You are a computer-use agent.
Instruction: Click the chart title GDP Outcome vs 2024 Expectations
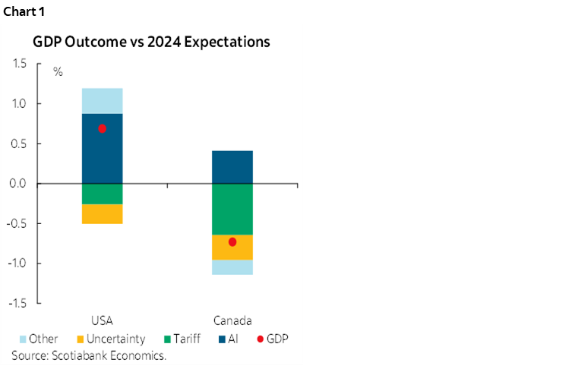click(x=150, y=43)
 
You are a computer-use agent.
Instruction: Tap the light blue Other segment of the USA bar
click(x=102, y=100)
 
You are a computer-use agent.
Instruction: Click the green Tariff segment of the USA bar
click(x=102, y=194)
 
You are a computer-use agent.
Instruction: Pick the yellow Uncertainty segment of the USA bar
click(x=102, y=213)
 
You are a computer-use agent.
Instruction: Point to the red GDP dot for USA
click(x=102, y=128)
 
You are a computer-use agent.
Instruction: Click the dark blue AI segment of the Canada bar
click(x=232, y=166)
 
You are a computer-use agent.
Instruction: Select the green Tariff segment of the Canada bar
click(x=232, y=209)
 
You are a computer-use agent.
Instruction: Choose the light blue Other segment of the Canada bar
click(x=232, y=267)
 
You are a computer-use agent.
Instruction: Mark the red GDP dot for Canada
click(x=232, y=241)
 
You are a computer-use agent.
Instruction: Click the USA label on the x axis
click(x=102, y=320)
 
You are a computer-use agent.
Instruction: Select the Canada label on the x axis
click(x=232, y=320)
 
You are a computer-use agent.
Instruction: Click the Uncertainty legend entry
click(x=112, y=339)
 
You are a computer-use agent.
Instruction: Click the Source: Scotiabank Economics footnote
click(x=89, y=355)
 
